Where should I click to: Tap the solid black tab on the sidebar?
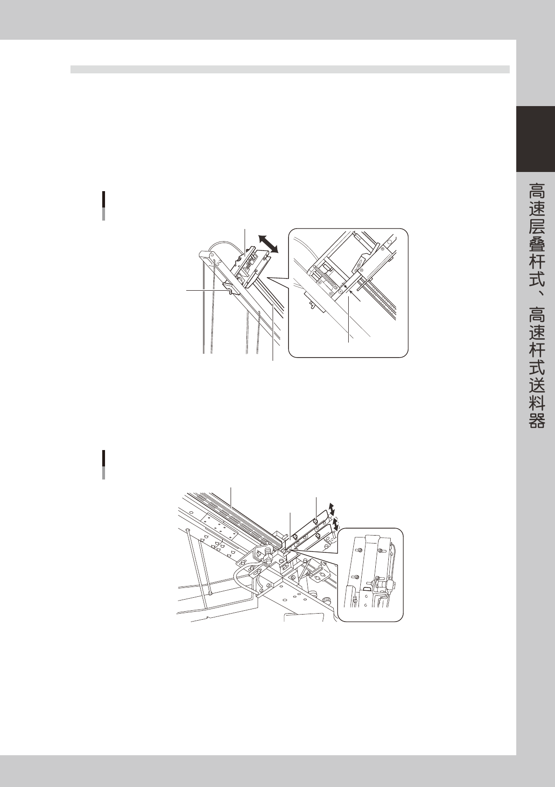pos(535,139)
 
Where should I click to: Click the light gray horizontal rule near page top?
pos(289,70)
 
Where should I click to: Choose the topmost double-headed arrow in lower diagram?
pos(331,508)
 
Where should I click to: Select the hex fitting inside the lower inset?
pos(380,584)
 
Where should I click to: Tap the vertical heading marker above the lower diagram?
pos(104,465)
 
